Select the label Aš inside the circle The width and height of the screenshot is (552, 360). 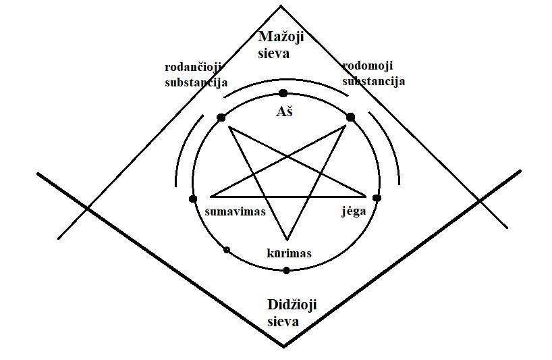pyautogui.click(x=283, y=111)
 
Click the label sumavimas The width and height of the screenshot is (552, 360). pyautogui.click(x=235, y=211)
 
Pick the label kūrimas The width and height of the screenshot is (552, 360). pyautogui.click(x=290, y=253)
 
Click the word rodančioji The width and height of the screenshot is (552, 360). pyautogui.click(x=194, y=68)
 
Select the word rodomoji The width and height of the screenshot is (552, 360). pyautogui.click(x=368, y=66)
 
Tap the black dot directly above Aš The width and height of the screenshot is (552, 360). pyautogui.click(x=283, y=93)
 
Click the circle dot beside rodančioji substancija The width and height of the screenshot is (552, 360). pyautogui.click(x=221, y=118)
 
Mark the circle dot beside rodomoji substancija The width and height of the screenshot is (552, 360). pyautogui.click(x=350, y=117)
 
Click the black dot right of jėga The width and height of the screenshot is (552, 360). pyautogui.click(x=377, y=199)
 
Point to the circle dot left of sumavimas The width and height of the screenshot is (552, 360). pyautogui.click(x=193, y=199)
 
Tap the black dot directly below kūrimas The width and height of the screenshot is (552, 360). pyautogui.click(x=286, y=270)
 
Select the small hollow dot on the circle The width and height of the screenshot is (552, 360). pyautogui.click(x=227, y=251)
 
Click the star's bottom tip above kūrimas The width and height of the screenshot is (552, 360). pyautogui.click(x=287, y=239)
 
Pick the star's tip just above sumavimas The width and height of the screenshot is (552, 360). pyautogui.click(x=211, y=197)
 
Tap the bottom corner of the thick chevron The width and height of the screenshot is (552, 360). pyautogui.click(x=283, y=346)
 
